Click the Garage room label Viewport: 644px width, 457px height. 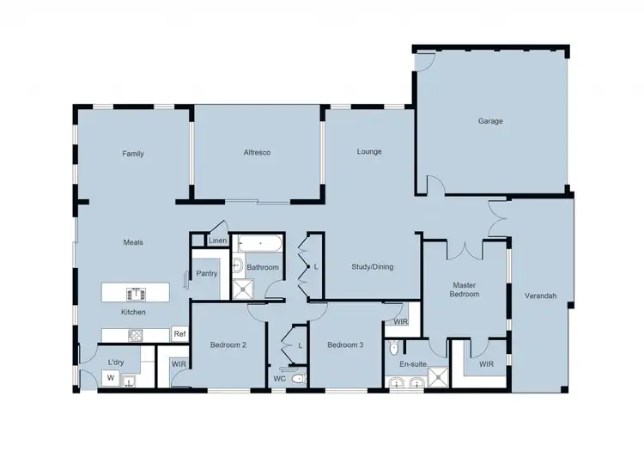coord(490,121)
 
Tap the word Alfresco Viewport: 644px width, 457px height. coord(257,152)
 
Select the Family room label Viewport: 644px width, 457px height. coord(132,154)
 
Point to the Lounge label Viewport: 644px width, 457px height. coord(369,152)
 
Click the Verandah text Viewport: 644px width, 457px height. coord(541,296)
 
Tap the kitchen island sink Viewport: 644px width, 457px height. coord(136,293)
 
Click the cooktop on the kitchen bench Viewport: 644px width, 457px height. coord(136,334)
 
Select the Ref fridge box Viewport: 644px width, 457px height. coord(179,334)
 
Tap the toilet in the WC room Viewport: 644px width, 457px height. coord(298,378)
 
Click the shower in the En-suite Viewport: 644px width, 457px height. coord(440,376)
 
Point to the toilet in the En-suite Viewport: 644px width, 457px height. coord(392,348)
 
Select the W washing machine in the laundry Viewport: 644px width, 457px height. coord(110,377)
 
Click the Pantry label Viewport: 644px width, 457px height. coord(206,274)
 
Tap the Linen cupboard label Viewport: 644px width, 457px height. coord(217,241)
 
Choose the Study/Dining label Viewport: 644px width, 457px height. coord(372,267)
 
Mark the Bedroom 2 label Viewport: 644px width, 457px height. coord(228,345)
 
